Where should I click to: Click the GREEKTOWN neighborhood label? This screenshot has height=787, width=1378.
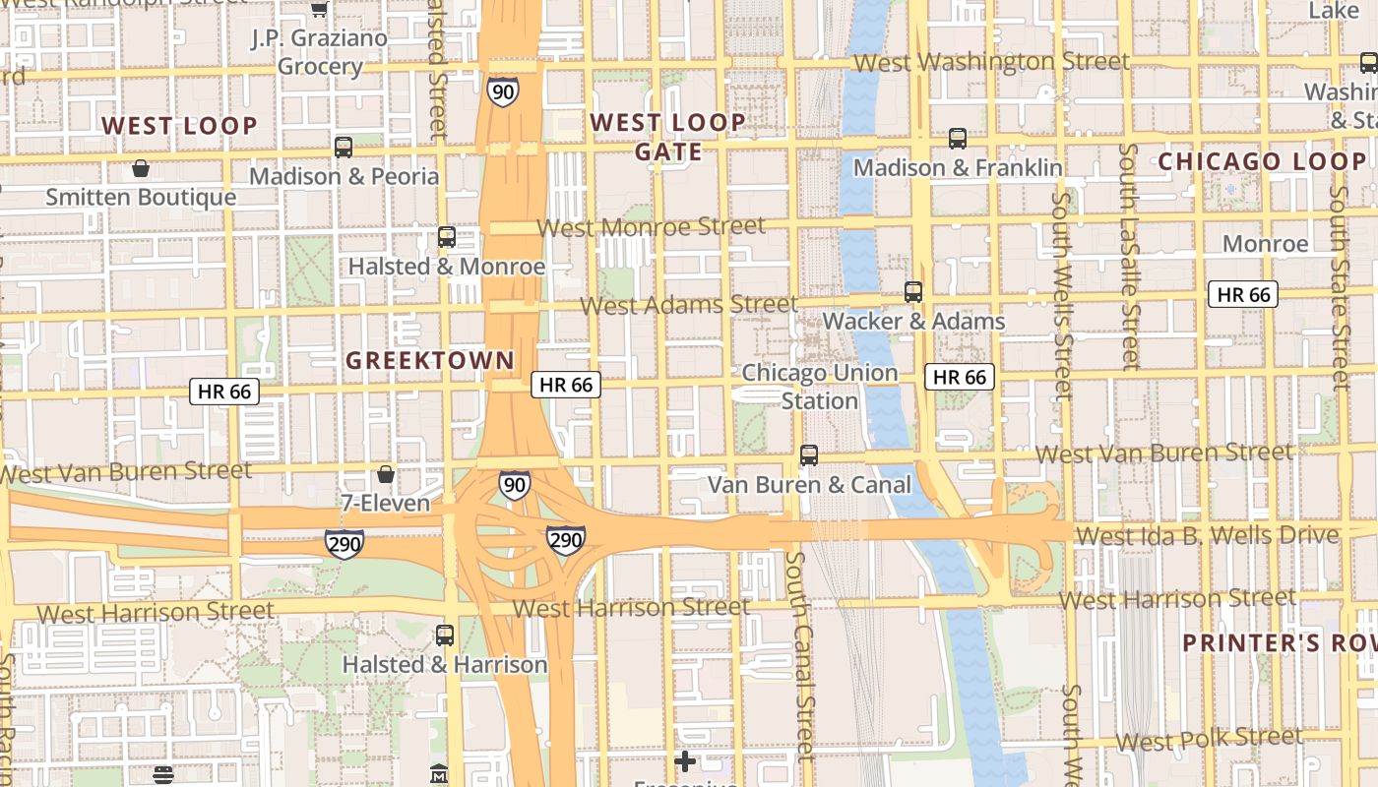[429, 361]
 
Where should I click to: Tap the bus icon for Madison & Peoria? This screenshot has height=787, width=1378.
[344, 148]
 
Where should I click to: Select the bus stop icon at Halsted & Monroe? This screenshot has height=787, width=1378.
[447, 237]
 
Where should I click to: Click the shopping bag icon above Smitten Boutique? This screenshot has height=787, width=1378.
[141, 168]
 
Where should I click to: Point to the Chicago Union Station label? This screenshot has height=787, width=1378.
[819, 387]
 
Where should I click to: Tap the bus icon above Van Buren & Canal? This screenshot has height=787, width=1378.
[809, 454]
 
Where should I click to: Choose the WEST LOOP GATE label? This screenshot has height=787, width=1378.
[667, 137]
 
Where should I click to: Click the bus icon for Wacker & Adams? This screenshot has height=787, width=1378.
[913, 292]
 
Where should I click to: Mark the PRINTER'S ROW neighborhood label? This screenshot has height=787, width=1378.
[1279, 643]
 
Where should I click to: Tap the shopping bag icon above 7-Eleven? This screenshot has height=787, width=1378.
[386, 474]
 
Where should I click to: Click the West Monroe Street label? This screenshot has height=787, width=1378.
[651, 227]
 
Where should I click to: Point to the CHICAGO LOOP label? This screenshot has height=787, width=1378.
[1262, 161]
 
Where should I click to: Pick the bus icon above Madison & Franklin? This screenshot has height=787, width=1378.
[958, 139]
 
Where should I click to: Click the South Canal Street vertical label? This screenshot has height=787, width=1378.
[800, 654]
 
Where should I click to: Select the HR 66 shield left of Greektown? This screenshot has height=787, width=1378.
[224, 392]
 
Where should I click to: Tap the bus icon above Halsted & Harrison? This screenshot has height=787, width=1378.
[445, 636]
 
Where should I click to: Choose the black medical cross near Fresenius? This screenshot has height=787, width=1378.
[685, 760]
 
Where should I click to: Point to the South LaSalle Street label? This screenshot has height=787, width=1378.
[1129, 256]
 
